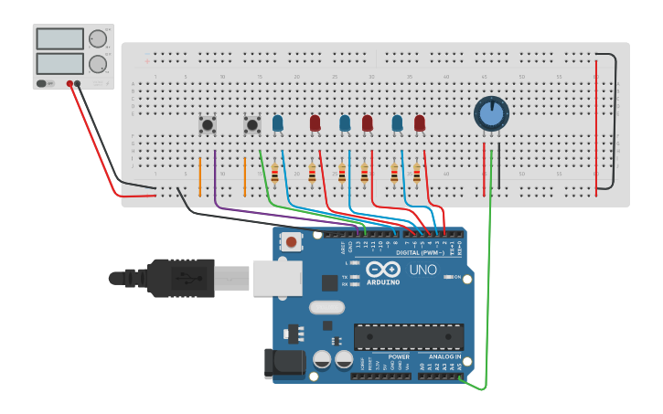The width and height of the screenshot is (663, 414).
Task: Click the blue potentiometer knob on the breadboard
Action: point(490,113)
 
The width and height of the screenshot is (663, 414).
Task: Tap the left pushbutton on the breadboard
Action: point(208,123)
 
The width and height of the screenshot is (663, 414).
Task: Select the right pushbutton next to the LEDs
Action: point(251,123)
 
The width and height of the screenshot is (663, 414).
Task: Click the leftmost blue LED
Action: point(277,122)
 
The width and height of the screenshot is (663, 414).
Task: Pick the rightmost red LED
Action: point(420,122)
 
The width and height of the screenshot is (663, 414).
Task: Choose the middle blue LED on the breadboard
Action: point(345,122)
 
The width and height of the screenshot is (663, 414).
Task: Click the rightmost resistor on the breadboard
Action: point(417,173)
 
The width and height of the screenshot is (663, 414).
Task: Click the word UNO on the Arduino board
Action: point(422,271)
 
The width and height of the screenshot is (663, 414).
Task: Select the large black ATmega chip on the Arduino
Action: point(409,336)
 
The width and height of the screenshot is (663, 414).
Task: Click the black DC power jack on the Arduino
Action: point(283,363)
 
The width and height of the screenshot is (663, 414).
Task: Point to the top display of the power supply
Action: point(59,38)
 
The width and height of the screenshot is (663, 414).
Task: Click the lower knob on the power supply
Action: point(97,64)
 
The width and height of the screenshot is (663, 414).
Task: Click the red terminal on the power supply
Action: point(70,84)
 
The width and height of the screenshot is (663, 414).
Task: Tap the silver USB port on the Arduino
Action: point(275,277)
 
